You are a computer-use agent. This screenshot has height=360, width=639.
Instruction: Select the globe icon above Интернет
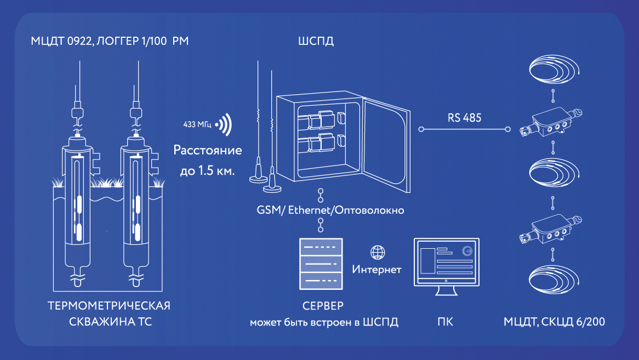pos(377,253)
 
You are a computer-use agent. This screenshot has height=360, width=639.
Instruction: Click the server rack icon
pos(321,264)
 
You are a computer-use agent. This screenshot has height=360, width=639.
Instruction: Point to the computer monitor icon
pos(446,265)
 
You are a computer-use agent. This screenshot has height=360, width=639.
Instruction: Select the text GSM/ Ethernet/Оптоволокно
pos(330,210)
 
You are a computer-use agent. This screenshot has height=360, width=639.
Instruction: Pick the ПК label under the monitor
pos(446,322)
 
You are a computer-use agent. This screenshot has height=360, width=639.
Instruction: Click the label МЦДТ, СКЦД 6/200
pos(554,322)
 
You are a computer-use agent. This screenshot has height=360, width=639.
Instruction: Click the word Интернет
pos(377,270)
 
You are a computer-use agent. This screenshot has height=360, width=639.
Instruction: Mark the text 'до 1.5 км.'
pos(207,171)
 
